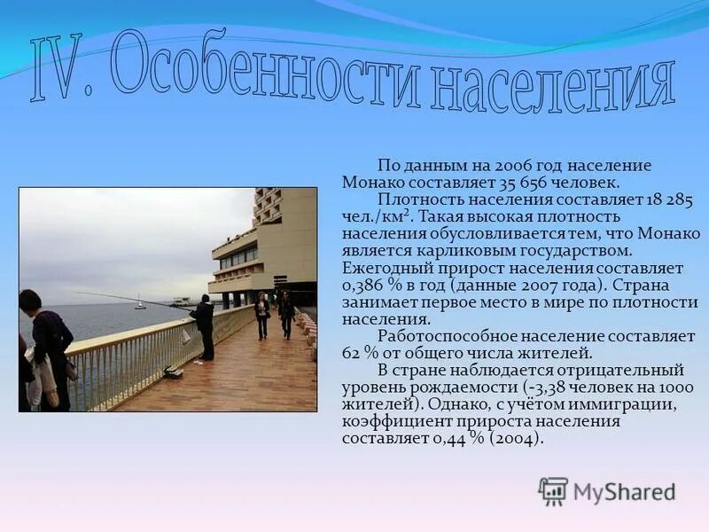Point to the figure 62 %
[x=358, y=353]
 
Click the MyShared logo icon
[x=553, y=490]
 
